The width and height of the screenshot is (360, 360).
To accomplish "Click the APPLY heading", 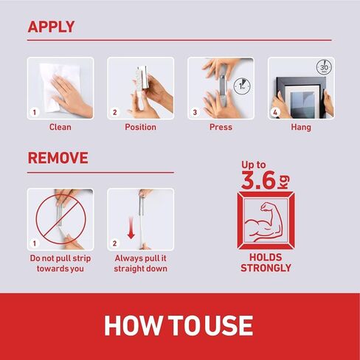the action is [51, 27].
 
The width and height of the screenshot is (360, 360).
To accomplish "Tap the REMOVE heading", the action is [58, 158].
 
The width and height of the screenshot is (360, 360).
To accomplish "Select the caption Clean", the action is [60, 127].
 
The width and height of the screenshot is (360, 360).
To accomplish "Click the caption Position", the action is [140, 127].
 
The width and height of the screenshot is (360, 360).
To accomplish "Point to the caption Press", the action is [221, 127].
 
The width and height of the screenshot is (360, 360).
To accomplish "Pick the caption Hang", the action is [301, 128].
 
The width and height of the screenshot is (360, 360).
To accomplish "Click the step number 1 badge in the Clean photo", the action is [35, 112].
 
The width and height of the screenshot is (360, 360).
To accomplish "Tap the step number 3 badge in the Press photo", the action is [195, 112].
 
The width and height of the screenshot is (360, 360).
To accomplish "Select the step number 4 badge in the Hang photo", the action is [275, 112].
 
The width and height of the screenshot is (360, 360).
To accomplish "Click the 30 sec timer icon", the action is [324, 67].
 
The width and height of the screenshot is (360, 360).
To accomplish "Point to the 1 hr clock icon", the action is [242, 86].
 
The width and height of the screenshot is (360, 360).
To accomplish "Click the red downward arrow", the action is [131, 228].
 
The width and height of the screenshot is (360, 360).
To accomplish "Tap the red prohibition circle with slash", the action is [60, 219].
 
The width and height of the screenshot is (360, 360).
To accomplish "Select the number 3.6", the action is [258, 180].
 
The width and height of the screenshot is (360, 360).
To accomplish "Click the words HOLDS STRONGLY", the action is [266, 263].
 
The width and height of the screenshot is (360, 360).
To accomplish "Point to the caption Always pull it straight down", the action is [140, 263].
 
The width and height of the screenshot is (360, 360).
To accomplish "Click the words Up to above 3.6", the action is [253, 165].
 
